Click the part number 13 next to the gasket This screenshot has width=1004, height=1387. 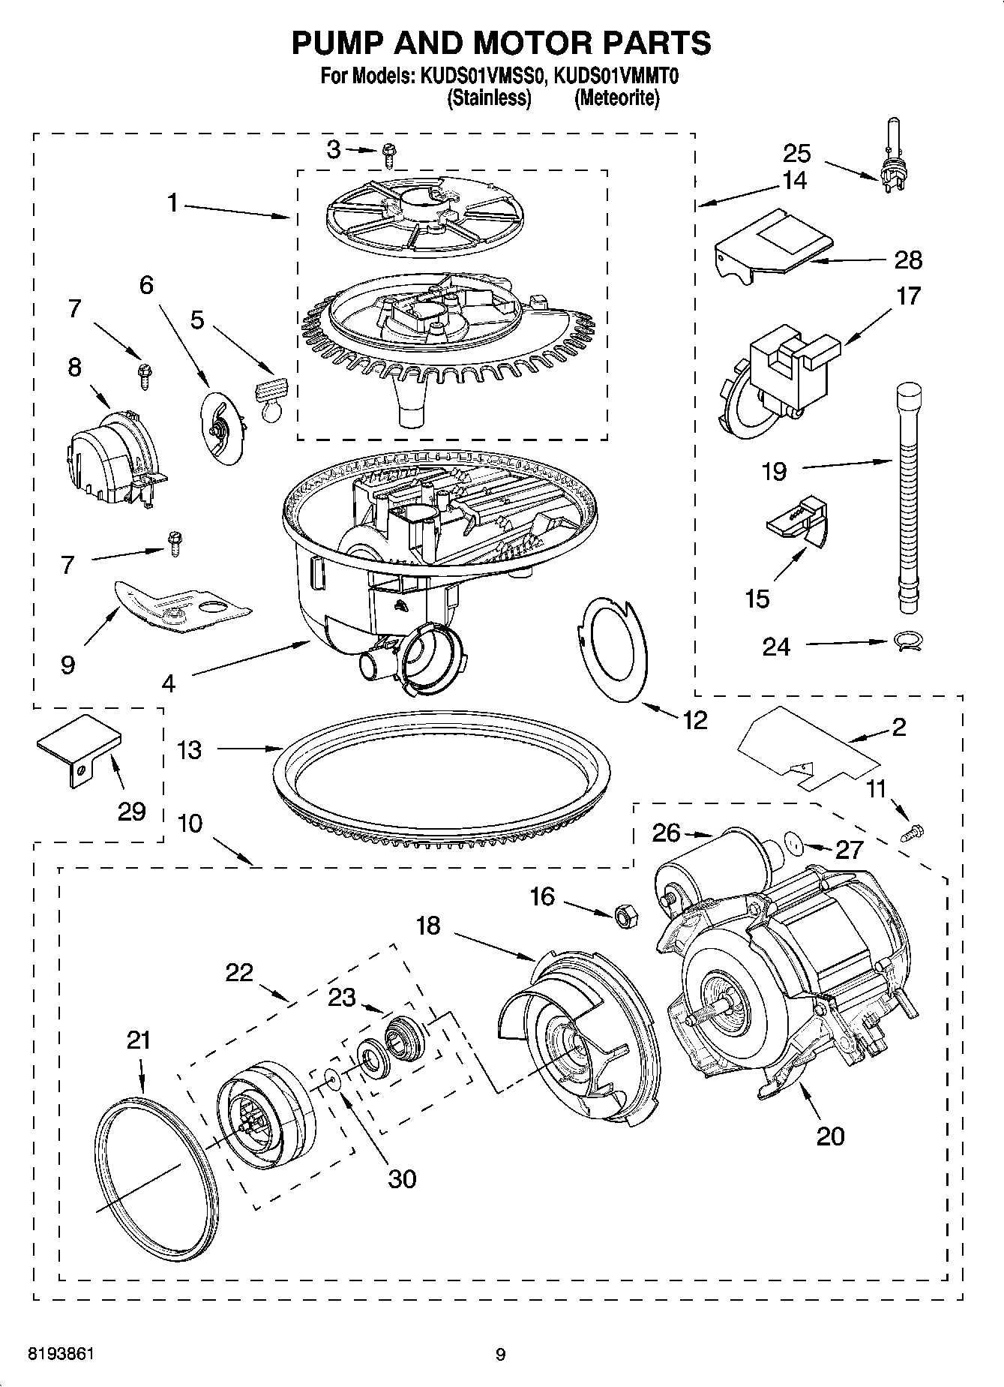point(190,749)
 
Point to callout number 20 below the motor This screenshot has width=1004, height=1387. point(830,1135)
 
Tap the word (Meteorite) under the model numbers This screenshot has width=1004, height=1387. point(616,98)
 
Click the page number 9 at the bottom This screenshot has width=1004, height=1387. point(501,1354)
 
